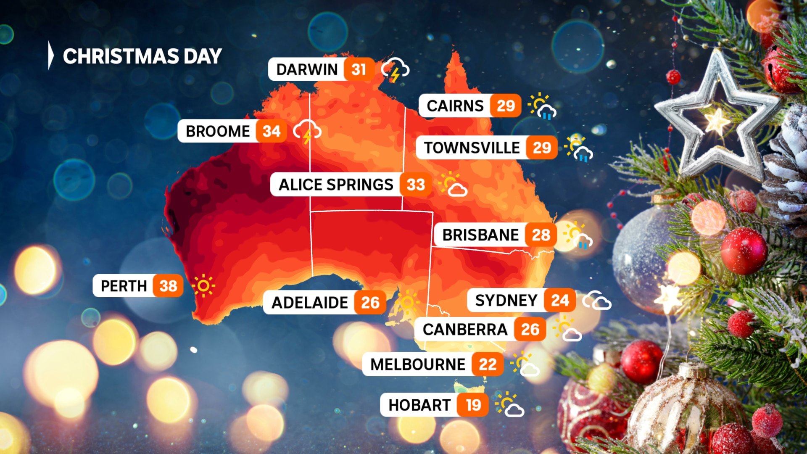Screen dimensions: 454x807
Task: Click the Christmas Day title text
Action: point(142,56)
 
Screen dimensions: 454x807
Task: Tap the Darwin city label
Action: point(307,69)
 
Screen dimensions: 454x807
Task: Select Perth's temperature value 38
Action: point(168,286)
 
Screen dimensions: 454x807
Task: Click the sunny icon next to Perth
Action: point(203,286)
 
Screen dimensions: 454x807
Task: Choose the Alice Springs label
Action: point(336,185)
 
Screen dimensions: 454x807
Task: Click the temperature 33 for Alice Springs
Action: point(416,185)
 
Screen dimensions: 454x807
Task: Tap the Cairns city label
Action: point(455,106)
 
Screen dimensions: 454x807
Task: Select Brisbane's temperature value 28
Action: point(541,235)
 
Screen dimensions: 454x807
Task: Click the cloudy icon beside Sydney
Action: point(597,301)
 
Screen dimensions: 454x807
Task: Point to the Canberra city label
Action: point(465,330)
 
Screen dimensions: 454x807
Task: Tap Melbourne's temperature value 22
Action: point(488,364)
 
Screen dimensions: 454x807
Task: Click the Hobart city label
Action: point(419,405)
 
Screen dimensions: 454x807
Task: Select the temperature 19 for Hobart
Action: point(473,405)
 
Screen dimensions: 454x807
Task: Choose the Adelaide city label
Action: point(310,303)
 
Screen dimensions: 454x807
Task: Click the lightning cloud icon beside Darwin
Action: point(395,70)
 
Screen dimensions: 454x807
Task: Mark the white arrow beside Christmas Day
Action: point(51,55)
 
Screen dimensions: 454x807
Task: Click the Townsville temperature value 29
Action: point(542,148)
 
